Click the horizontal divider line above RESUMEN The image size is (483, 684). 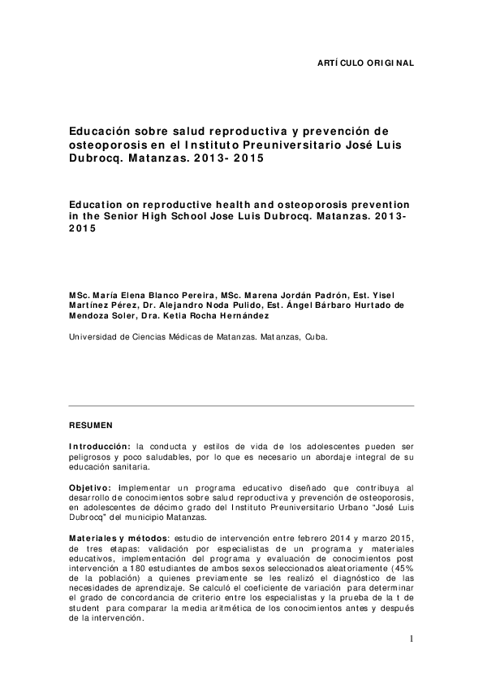241,406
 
